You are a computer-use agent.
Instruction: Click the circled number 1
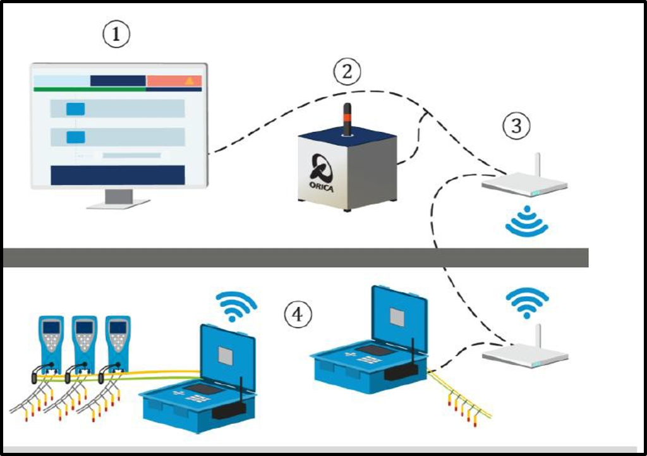[116, 34]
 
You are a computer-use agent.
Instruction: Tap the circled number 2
[347, 72]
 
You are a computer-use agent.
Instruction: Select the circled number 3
[517, 126]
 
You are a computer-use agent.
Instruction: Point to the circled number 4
[298, 315]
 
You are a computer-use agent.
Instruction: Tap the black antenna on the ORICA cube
[348, 119]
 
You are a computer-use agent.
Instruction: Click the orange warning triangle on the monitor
[189, 80]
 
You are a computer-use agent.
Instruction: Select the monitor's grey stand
[118, 199]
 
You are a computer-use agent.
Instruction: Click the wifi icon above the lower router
[528, 303]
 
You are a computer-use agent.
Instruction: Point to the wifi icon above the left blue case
[236, 306]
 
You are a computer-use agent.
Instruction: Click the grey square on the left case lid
[226, 356]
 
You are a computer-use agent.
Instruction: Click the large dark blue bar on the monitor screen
[118, 175]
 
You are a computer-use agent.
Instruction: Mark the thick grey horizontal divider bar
[296, 258]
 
